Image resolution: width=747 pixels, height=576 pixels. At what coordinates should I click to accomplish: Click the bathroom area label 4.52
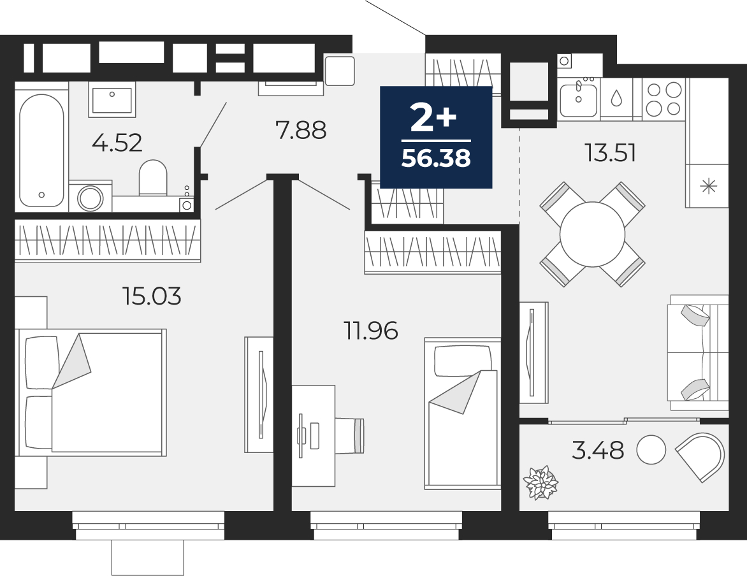click(x=117, y=143)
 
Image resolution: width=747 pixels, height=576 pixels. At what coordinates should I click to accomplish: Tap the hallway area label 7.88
click(x=301, y=130)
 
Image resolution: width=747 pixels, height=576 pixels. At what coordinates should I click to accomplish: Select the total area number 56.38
click(x=436, y=158)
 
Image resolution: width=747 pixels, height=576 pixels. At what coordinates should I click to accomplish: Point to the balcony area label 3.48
click(x=598, y=450)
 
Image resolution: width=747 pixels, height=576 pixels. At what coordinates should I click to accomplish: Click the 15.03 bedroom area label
click(x=152, y=296)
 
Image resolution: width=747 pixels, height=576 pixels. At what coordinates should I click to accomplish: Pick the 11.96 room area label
click(x=371, y=331)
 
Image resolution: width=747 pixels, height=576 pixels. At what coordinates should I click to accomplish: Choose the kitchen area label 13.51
click(x=610, y=153)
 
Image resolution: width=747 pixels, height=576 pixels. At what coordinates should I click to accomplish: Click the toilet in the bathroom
click(x=153, y=178)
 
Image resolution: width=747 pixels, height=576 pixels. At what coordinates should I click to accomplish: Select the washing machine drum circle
click(x=91, y=198)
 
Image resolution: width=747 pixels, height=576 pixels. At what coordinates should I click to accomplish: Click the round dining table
click(x=592, y=234)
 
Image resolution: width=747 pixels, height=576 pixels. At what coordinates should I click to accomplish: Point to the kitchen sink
click(x=578, y=99)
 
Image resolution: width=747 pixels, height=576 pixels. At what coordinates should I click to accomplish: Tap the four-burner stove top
click(x=664, y=99)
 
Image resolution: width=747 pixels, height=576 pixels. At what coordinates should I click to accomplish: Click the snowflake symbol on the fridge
click(x=709, y=186)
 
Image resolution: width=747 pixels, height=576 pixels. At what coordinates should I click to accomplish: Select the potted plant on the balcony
click(x=540, y=483)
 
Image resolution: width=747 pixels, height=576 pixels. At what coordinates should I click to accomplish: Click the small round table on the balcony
click(x=651, y=450)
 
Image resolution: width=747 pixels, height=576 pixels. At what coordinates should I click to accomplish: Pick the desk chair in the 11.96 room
click(x=350, y=436)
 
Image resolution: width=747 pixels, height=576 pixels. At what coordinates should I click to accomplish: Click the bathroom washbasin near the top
click(x=112, y=99)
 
